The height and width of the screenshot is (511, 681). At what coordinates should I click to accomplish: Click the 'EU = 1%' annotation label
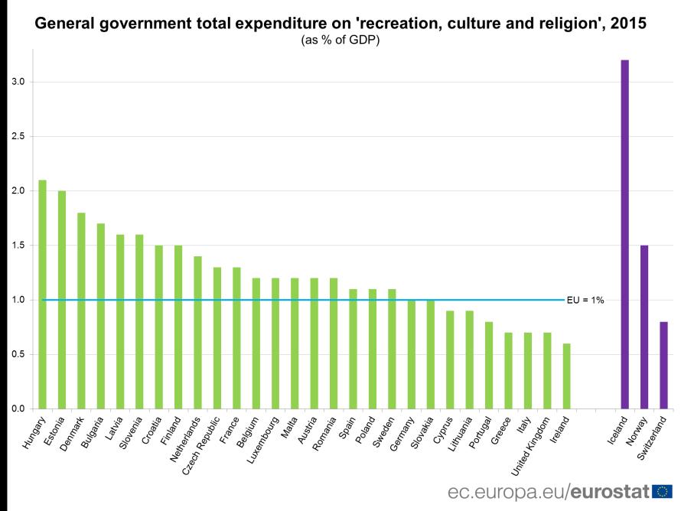tap(585, 301)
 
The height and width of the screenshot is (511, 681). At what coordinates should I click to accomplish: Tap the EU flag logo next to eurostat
tap(663, 491)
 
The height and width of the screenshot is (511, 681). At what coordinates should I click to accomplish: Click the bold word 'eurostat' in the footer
tap(608, 491)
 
